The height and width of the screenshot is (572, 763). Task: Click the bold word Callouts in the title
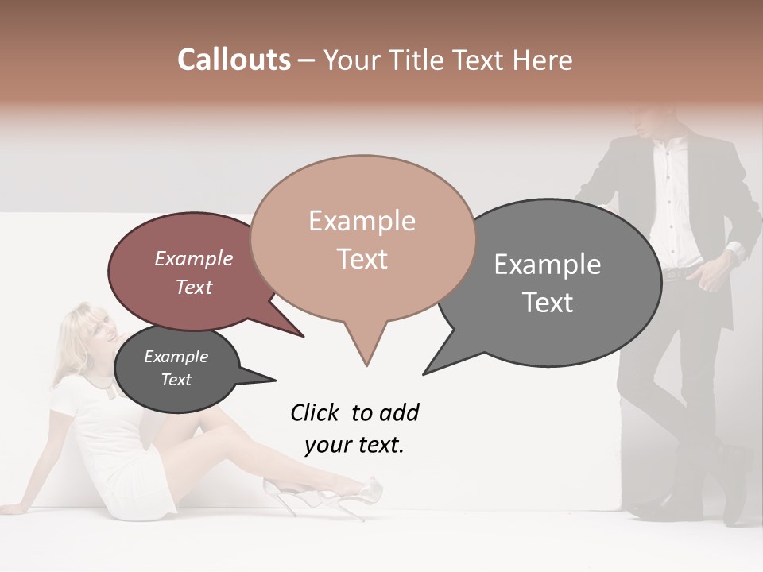point(234,60)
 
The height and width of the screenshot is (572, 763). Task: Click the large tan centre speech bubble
point(362,238)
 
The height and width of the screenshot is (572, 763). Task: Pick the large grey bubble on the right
point(556,282)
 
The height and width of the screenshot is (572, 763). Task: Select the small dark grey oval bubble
point(176,369)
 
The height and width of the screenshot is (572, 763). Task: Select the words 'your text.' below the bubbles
point(354,445)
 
